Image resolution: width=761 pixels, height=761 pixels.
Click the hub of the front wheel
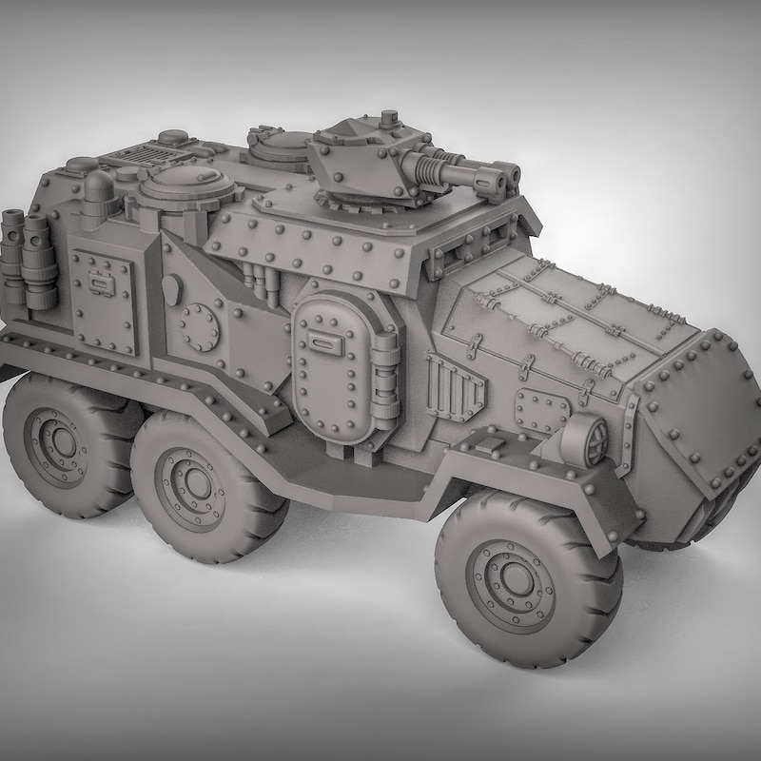[514, 577]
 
